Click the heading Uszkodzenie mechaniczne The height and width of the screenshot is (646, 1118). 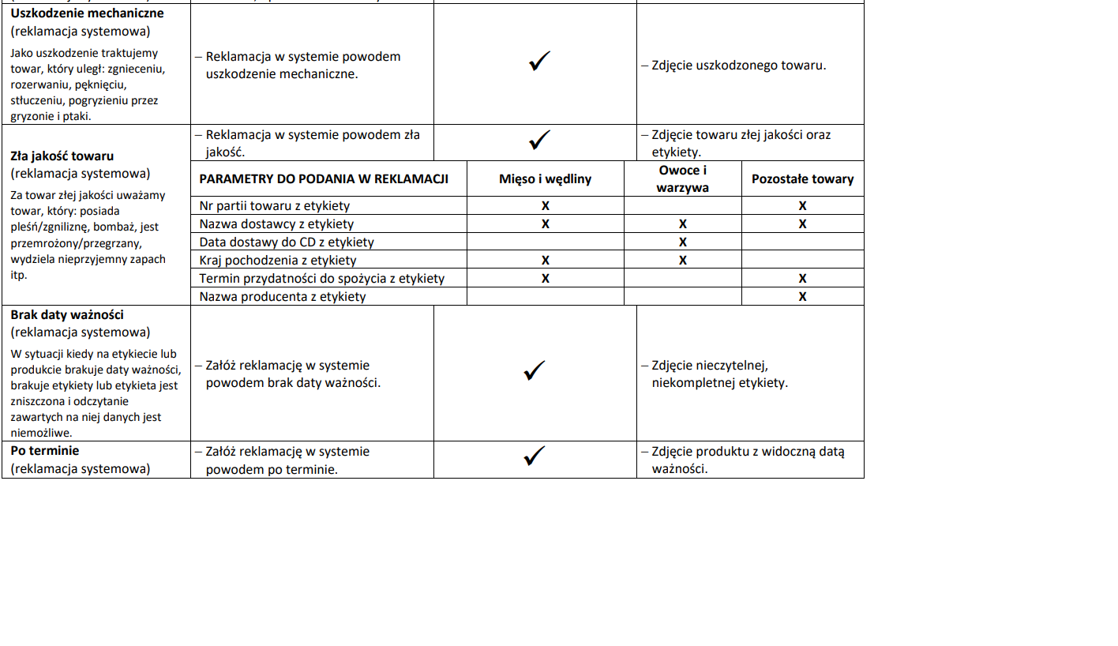87,13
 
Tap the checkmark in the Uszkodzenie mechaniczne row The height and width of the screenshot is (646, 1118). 539,62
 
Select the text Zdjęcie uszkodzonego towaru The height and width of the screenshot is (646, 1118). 738,66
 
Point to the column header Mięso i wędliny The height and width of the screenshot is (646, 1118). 545,179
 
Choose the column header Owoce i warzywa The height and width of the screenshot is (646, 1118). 682,179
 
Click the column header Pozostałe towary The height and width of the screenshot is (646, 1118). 802,179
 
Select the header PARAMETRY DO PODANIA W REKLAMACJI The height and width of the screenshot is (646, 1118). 324,179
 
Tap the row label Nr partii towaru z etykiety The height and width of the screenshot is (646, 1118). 268,206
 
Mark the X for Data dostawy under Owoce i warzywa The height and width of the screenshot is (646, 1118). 682,242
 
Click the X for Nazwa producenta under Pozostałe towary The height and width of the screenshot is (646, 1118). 802,297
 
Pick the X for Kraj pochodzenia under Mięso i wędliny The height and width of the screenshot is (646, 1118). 545,261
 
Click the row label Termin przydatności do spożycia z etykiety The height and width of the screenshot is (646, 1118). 321,279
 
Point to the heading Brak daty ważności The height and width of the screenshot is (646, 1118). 67,314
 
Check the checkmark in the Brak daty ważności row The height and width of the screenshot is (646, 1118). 535,370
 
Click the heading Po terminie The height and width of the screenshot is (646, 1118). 45,451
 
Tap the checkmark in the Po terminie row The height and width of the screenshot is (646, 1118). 535,456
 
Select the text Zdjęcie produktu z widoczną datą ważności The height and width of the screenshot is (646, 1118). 746,460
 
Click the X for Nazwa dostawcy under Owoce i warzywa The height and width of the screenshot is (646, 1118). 682,224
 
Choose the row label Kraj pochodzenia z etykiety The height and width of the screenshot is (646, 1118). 278,261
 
